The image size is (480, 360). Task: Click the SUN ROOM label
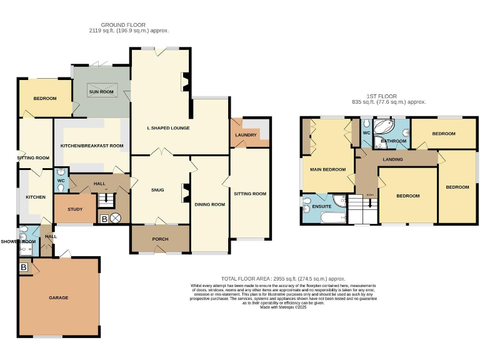coord(101,92)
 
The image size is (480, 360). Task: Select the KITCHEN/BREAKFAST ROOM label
coord(92,146)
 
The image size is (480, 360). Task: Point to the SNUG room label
coord(157,190)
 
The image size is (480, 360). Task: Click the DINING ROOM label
coord(209,204)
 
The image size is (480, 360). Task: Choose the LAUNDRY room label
coord(246,135)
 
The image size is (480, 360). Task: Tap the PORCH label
coord(160,239)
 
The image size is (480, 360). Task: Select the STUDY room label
coord(76,209)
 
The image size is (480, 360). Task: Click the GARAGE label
coord(58,297)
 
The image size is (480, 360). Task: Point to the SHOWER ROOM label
coord(18,241)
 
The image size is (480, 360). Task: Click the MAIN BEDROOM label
coord(328,169)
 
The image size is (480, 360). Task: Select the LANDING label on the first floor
coord(392,159)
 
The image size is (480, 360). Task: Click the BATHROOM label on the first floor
coord(394,141)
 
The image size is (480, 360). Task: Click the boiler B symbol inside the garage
coord(24,267)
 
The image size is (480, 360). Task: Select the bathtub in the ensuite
coord(331,217)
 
